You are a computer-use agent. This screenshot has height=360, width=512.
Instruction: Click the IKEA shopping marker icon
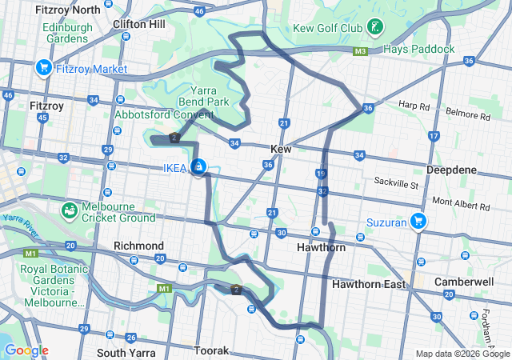point(198,166)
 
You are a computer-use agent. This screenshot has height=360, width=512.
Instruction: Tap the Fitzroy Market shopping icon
point(43,68)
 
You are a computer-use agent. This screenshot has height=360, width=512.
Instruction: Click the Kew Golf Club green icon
point(373,28)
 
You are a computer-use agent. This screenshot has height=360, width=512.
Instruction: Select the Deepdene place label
point(454,170)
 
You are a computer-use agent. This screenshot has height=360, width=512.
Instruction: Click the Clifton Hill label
point(139,24)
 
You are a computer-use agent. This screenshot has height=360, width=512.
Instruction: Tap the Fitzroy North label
point(67,10)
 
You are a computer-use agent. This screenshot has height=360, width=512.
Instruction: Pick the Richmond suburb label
point(138,246)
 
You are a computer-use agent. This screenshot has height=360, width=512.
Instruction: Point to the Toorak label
point(211,350)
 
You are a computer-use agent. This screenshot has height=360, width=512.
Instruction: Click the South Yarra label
point(124,352)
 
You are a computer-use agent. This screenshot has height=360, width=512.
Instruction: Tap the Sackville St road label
point(397,184)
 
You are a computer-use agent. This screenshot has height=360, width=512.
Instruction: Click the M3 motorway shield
point(360,51)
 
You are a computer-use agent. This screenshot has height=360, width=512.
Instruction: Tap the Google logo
point(26,350)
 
